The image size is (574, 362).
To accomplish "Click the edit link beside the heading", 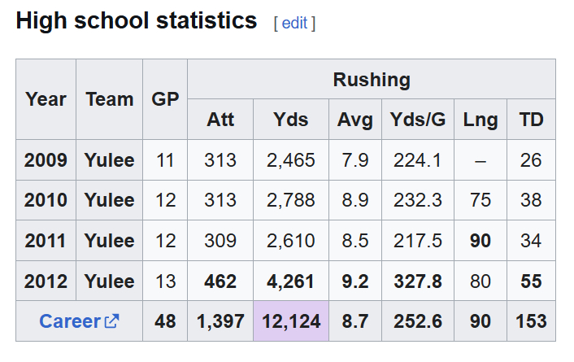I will (294, 24).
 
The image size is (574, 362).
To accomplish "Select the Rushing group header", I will (372, 80).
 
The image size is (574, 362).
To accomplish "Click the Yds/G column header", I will (418, 120).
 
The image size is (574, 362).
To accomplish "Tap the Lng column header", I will (481, 120).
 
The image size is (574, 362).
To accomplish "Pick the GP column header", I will (165, 99).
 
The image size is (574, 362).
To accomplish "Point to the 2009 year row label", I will (46, 160).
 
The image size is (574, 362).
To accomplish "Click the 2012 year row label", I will (46, 281).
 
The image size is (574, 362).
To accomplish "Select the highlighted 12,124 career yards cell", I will (291, 321).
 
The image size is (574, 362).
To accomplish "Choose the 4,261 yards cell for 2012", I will (291, 281).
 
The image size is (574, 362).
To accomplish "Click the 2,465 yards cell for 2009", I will (291, 160).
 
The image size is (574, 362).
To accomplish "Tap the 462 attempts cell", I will (220, 281).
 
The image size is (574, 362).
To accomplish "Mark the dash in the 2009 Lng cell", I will (481, 160).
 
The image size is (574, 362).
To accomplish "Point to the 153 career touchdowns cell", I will (531, 321).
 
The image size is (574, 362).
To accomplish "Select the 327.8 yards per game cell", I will (418, 281).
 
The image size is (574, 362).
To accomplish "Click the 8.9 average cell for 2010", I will (355, 200).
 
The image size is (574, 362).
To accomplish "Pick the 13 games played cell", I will (165, 281).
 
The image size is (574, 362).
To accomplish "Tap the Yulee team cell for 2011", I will (109, 241).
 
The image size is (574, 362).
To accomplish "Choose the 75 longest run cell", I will (481, 200).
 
